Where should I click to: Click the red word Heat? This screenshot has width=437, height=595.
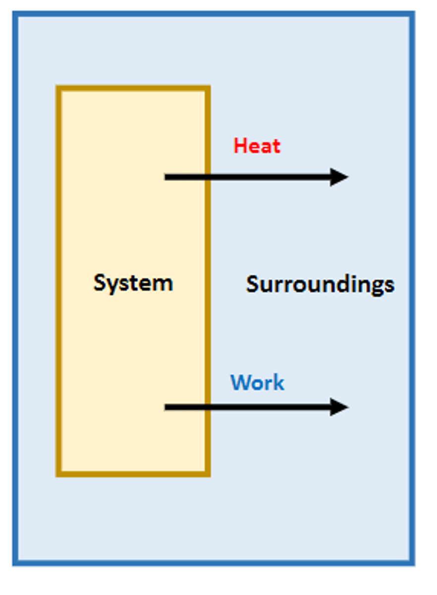pyautogui.click(x=257, y=146)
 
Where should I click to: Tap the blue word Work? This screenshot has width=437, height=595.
pyautogui.click(x=257, y=382)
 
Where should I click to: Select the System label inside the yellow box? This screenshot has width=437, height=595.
pyautogui.click(x=133, y=283)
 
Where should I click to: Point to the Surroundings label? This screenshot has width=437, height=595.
pyautogui.click(x=320, y=285)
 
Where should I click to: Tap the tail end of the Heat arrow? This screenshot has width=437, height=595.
pyautogui.click(x=167, y=177)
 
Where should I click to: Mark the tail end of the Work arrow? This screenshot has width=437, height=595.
pyautogui.click(x=167, y=407)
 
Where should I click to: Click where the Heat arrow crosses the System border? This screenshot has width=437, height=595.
pyautogui.click(x=208, y=177)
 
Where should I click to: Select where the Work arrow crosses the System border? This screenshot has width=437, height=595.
pyautogui.click(x=208, y=407)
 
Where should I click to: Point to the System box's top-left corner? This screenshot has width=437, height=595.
pyautogui.click(x=58, y=88)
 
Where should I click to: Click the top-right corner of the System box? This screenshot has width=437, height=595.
pyautogui.click(x=208, y=88)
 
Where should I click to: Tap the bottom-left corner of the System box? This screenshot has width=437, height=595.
pyautogui.click(x=58, y=475)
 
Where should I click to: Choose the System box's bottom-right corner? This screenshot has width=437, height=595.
pyautogui.click(x=208, y=475)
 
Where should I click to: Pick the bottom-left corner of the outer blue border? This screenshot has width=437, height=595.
pyautogui.click(x=15, y=563)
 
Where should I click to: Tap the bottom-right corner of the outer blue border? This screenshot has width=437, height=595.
pyautogui.click(x=412, y=563)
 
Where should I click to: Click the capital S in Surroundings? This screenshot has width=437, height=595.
pyautogui.click(x=253, y=284)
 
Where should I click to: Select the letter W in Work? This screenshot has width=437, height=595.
pyautogui.click(x=240, y=382)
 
